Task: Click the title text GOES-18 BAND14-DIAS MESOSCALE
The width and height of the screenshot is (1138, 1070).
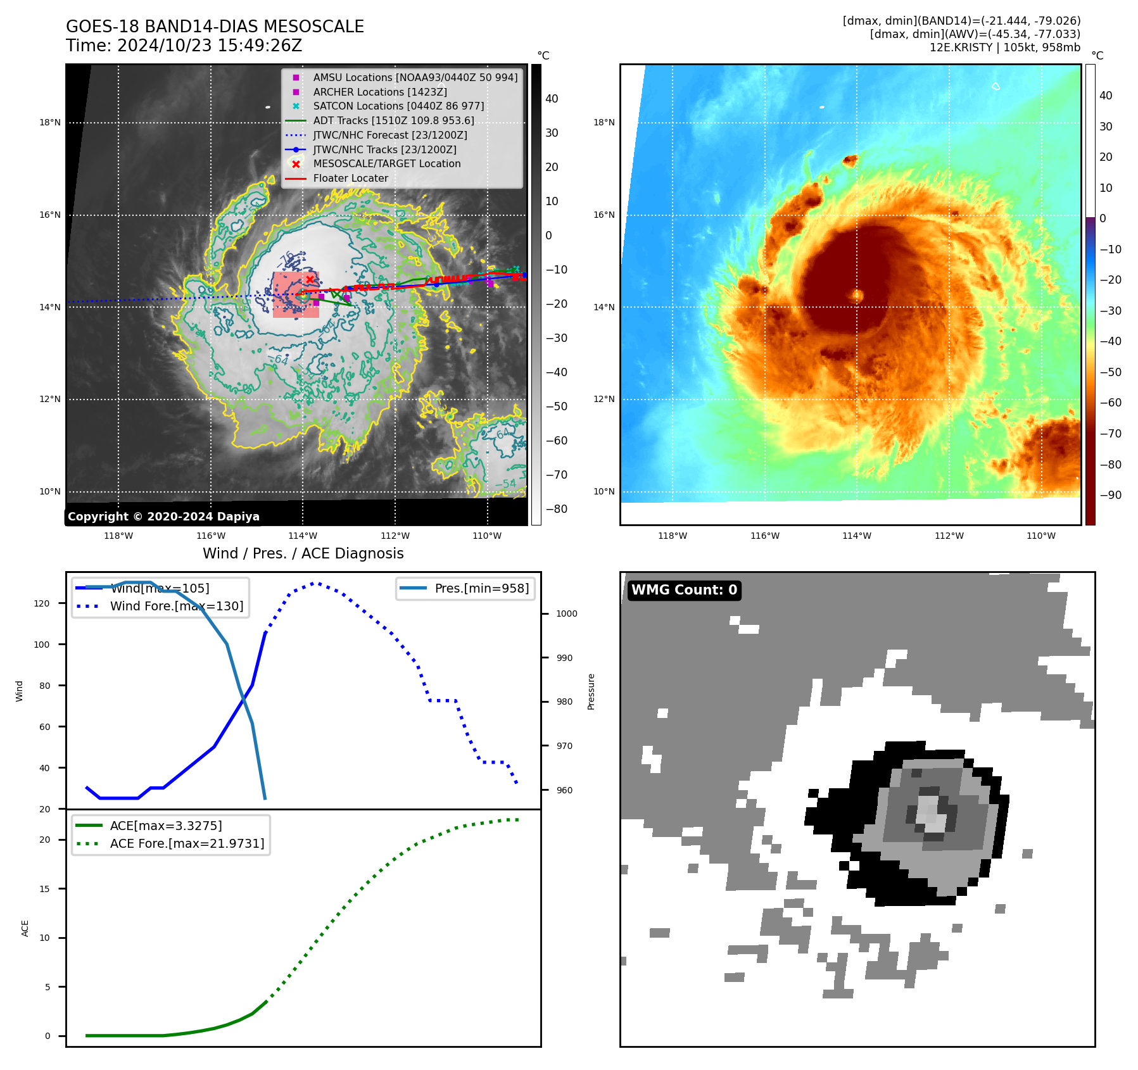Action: pos(215,27)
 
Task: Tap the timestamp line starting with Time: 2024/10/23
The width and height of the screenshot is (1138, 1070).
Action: pos(184,46)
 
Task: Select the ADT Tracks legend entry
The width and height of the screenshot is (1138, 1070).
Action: pos(393,120)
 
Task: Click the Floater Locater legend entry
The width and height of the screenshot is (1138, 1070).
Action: pos(350,178)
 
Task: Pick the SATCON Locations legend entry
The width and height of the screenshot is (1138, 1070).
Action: pos(398,106)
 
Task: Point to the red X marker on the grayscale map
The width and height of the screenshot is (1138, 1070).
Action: pos(310,279)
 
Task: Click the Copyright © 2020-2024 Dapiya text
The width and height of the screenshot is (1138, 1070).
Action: pos(163,516)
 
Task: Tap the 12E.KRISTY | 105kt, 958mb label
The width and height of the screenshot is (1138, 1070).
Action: pos(1004,47)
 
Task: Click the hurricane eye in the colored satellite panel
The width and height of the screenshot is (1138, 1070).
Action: pos(857,294)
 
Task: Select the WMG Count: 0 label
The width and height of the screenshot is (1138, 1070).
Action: pos(684,589)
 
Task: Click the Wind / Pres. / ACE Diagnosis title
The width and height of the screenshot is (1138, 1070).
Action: pos(303,553)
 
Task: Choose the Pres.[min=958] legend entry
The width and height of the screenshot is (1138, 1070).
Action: pos(481,588)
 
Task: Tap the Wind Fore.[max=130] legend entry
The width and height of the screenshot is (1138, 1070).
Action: pos(176,606)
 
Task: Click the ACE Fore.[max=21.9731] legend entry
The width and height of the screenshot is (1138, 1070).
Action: pos(187,843)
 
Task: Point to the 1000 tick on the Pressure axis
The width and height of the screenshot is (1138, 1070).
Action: pos(566,614)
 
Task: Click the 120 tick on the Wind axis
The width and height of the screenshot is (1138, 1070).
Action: pos(42,603)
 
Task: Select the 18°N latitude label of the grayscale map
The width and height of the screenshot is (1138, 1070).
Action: pos(50,122)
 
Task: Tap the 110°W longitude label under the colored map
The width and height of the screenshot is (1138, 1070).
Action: pos(1040,536)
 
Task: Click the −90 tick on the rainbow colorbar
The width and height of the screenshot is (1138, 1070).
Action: pos(1110,495)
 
